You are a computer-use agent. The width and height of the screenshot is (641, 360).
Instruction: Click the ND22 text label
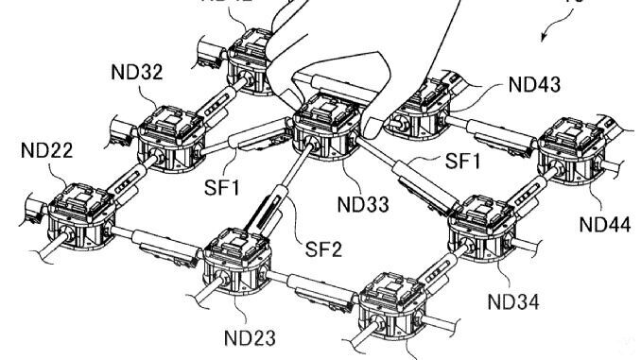point(45,151)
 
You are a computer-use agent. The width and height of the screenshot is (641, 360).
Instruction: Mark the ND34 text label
point(515,301)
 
